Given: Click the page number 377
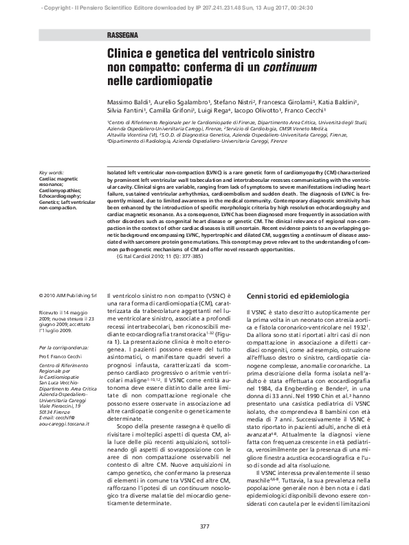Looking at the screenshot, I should (x=204, y=526).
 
